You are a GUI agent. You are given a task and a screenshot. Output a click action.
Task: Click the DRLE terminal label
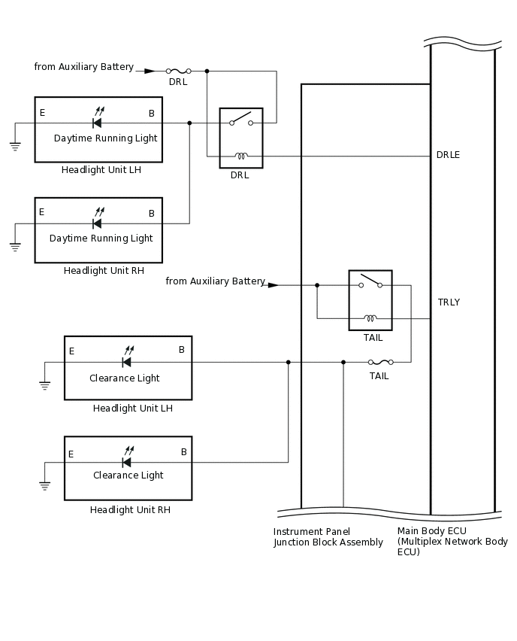(448, 155)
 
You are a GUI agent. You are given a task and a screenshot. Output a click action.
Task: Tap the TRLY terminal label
(449, 302)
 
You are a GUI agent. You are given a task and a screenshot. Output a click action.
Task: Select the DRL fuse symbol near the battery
(178, 71)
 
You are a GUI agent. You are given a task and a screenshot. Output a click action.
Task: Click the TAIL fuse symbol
(379, 362)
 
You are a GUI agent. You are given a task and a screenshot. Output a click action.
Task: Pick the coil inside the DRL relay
(240, 156)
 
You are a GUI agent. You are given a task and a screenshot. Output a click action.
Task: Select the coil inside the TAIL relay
(370, 318)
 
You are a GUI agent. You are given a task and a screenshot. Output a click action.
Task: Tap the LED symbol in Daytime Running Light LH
(97, 121)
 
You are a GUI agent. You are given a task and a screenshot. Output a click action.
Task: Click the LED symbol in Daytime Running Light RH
(97, 222)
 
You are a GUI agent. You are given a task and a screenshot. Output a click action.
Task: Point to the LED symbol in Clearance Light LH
(127, 360)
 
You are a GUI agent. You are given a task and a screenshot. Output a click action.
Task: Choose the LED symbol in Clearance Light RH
(127, 460)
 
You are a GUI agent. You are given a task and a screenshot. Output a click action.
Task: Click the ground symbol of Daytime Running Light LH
(15, 145)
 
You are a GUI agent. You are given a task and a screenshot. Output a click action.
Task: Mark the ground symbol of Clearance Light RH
(44, 485)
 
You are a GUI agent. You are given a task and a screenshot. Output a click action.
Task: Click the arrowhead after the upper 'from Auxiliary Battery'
(150, 71)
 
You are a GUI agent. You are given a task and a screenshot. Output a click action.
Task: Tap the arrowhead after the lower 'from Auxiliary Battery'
(274, 285)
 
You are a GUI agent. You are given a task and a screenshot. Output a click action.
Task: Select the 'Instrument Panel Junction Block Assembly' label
(328, 537)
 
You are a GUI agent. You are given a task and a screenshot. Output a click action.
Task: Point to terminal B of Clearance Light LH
(182, 350)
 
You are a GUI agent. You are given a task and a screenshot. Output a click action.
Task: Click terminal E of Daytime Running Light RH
(41, 212)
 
